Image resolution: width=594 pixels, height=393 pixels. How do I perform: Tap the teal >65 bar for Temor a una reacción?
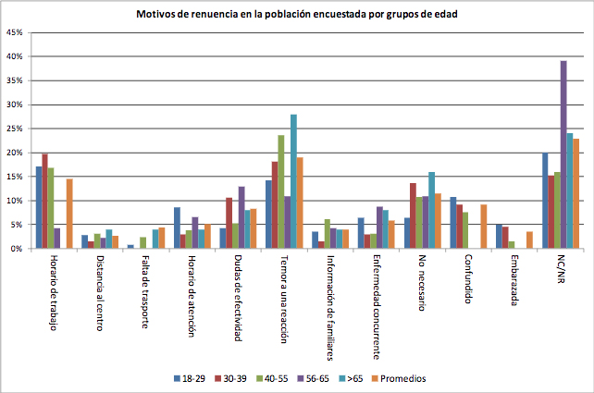[293, 181]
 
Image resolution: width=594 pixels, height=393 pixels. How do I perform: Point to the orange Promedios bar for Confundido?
[483, 227]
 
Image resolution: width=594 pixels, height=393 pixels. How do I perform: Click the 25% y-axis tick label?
[16, 129]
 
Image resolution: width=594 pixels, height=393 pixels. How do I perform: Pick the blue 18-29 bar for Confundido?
[452, 223]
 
